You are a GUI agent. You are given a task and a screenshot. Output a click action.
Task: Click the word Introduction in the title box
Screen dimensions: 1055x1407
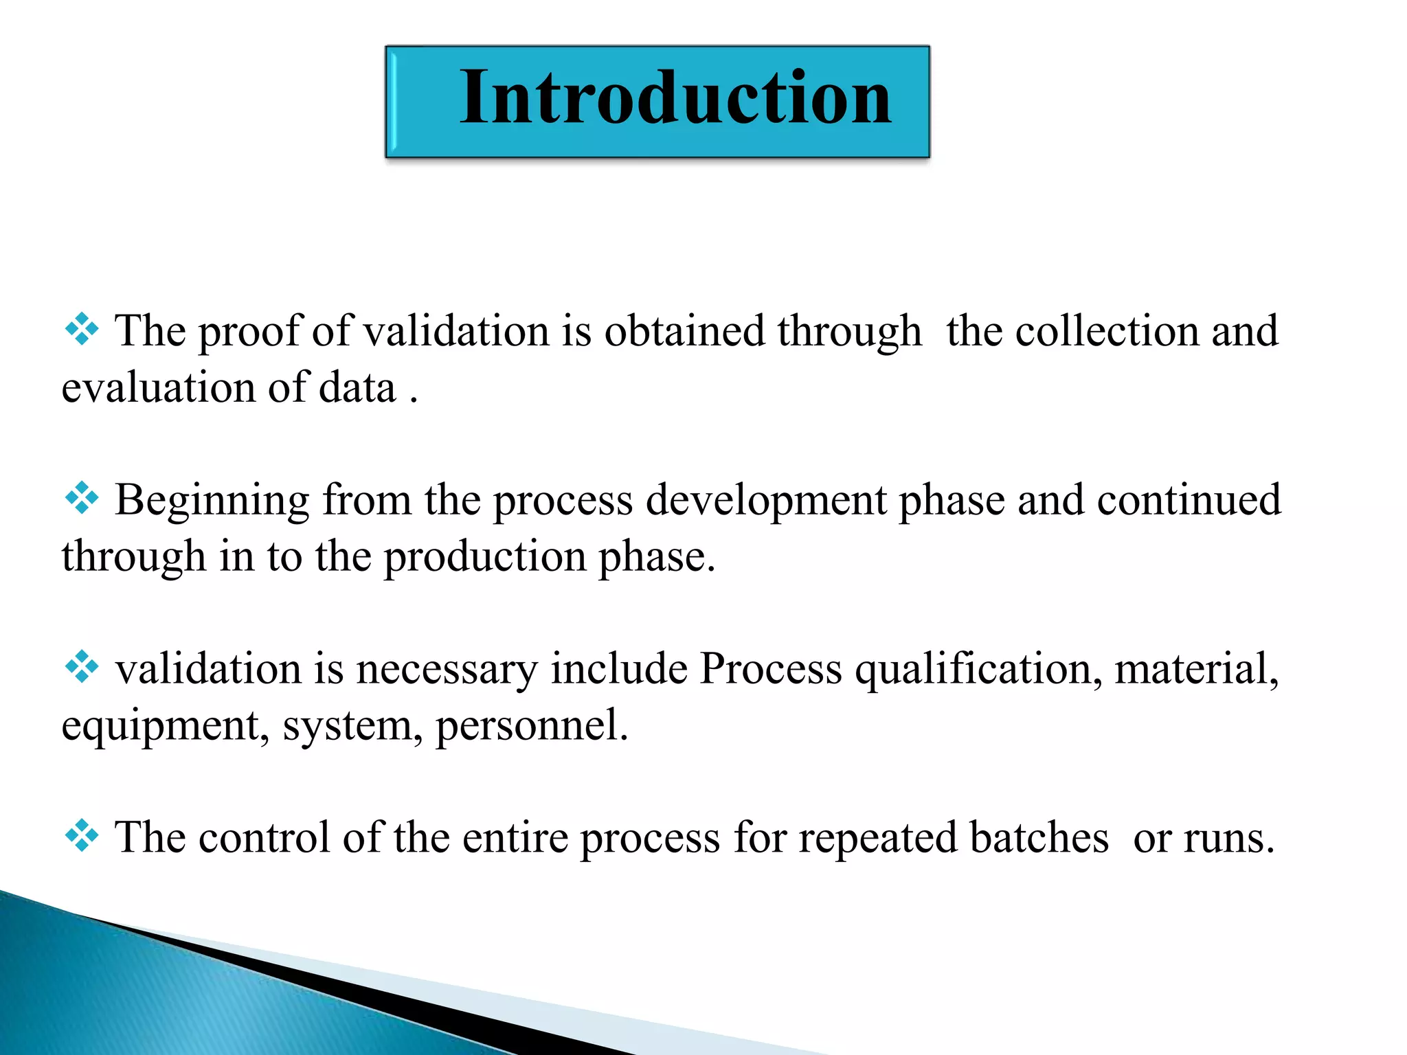click(x=676, y=98)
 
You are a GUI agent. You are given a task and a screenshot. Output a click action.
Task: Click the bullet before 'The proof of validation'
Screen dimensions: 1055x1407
click(x=82, y=330)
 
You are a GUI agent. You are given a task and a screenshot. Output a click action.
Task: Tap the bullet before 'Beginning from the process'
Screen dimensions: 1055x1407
click(x=82, y=498)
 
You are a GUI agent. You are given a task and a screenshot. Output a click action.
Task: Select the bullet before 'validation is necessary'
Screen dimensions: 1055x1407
click(x=82, y=667)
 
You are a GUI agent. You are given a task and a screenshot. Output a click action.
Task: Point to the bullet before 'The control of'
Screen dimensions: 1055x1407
click(x=82, y=836)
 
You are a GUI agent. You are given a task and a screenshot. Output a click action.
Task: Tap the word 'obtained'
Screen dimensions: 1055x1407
click(x=684, y=331)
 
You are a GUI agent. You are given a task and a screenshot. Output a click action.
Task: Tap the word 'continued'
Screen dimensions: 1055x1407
click(x=1189, y=500)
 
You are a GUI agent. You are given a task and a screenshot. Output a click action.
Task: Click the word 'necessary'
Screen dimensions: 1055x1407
click(x=447, y=669)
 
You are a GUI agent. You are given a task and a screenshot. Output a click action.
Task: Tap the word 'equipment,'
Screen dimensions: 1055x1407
click(x=165, y=727)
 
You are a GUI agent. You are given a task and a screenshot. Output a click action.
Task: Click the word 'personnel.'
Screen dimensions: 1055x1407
click(x=532, y=727)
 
